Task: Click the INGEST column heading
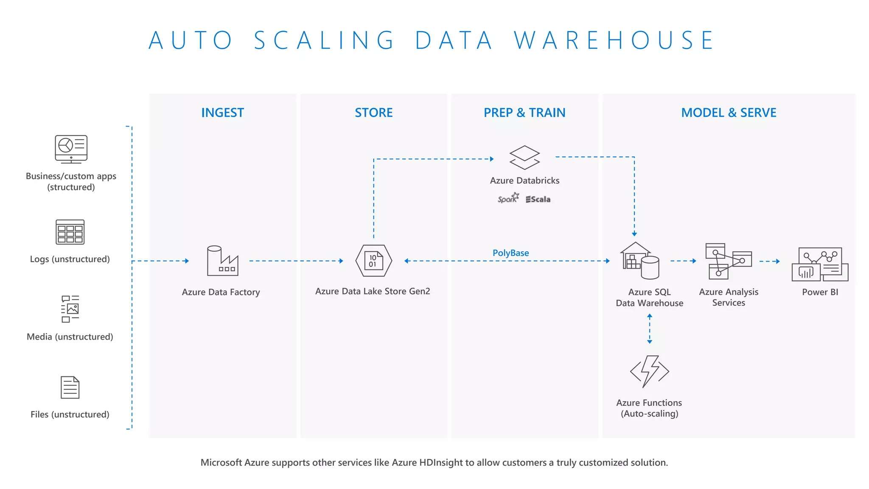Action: pos(222,112)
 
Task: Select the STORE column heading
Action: pos(373,112)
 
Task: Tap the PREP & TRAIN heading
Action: pos(524,112)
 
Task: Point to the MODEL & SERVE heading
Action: pos(729,112)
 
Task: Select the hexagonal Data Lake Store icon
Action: pos(373,261)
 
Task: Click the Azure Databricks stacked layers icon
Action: pos(524,157)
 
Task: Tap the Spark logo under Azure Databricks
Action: pos(508,199)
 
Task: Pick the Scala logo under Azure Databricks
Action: pos(538,199)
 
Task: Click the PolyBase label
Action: pos(510,253)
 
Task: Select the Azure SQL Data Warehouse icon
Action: pos(640,261)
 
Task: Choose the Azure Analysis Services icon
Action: pos(728,261)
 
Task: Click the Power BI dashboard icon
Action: pos(820,264)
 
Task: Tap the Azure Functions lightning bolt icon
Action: pos(649,371)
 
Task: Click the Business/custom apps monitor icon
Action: pos(71,149)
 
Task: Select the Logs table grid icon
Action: pos(70,232)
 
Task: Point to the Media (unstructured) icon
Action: pos(70,309)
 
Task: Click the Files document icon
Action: pos(70,387)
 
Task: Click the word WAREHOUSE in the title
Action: pos(614,40)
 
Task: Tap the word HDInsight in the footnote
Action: pos(441,462)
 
